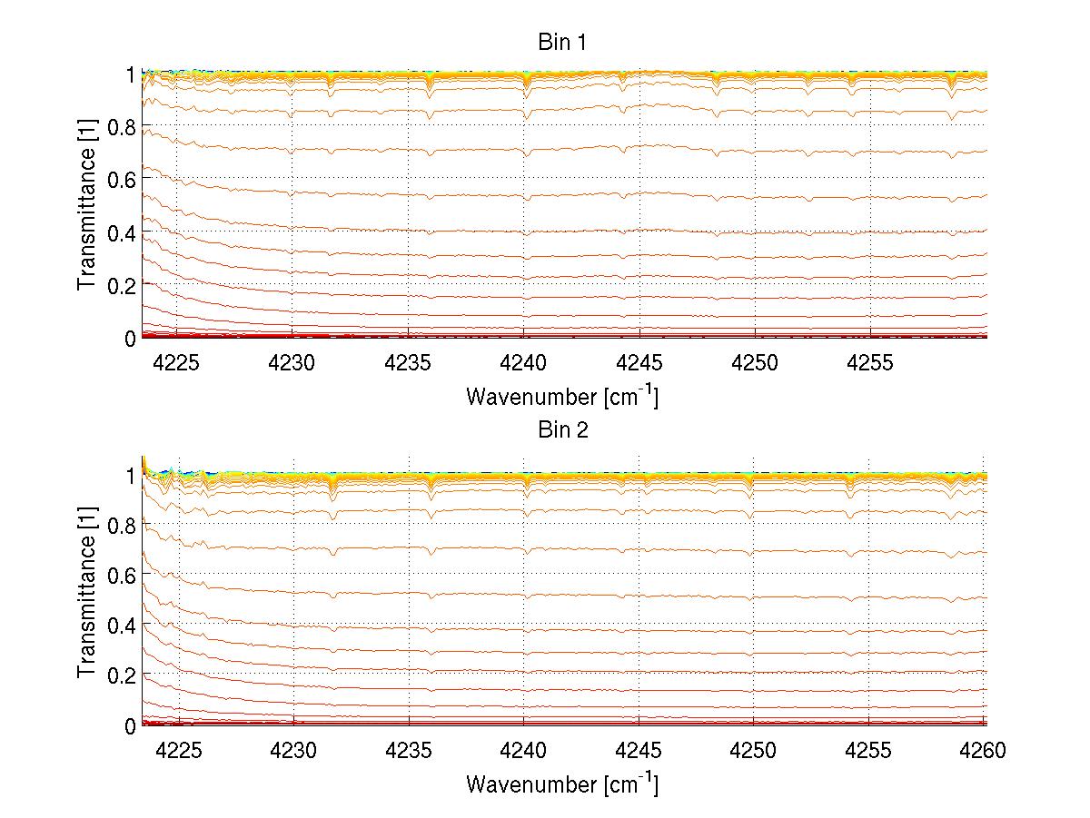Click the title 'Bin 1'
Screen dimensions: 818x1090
pyautogui.click(x=563, y=43)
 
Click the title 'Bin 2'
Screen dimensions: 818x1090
pyautogui.click(x=563, y=429)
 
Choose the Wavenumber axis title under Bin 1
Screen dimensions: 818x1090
pyautogui.click(x=562, y=396)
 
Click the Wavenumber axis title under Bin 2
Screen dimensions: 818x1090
pyautogui.click(x=562, y=784)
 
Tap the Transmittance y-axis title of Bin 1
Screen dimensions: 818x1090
pyautogui.click(x=87, y=205)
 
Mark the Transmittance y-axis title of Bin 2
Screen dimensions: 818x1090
pyautogui.click(x=87, y=594)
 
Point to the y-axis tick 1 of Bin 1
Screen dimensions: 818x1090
pyautogui.click(x=130, y=74)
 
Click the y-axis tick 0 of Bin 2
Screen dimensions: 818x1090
pyautogui.click(x=130, y=725)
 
